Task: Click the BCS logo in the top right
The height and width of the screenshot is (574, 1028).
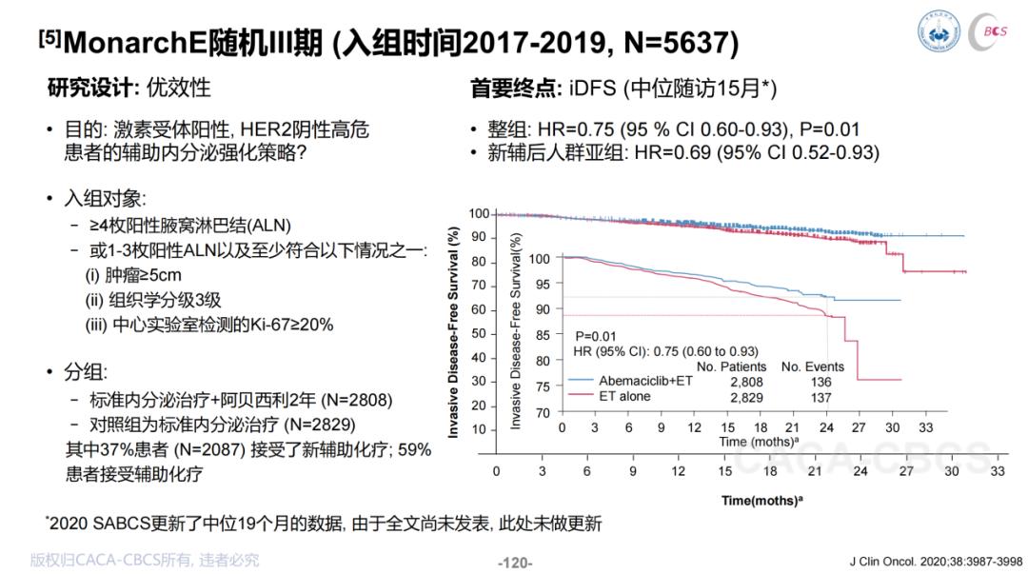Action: [994, 31]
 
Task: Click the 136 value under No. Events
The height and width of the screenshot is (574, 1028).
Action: [820, 382]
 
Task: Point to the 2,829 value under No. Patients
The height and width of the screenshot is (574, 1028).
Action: [745, 397]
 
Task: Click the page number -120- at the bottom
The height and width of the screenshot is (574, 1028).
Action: [515, 563]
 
